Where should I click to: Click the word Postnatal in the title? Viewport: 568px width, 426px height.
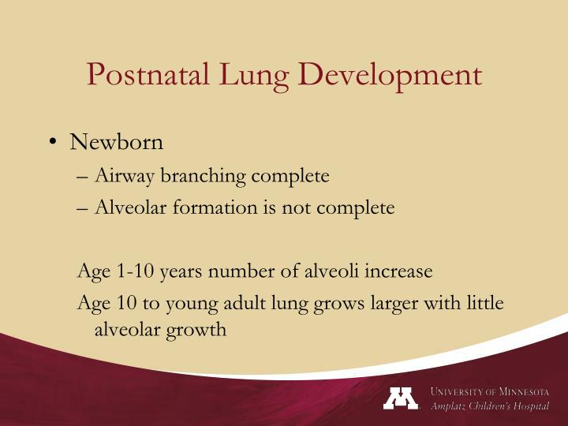coord(146,74)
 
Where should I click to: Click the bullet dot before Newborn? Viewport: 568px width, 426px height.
coord(53,143)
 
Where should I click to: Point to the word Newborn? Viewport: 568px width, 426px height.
coord(116,142)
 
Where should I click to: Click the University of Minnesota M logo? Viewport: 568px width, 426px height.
coord(401,398)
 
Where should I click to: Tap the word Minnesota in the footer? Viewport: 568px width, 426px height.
coord(517,392)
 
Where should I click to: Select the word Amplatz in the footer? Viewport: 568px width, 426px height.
coord(454,406)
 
